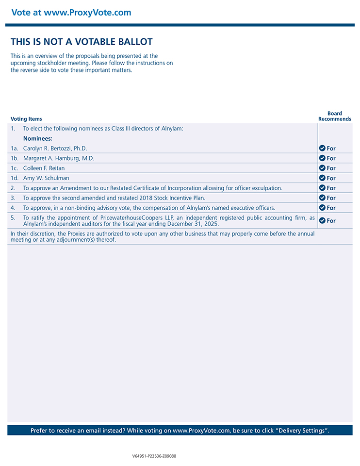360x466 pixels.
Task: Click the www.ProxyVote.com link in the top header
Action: (x=87, y=13)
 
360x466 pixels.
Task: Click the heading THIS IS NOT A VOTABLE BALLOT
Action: (x=82, y=42)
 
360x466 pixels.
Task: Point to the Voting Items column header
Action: (x=26, y=119)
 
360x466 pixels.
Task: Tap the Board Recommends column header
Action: (x=335, y=116)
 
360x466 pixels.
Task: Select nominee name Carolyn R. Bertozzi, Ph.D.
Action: (x=55, y=149)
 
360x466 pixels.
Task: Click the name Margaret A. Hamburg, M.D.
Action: (x=59, y=158)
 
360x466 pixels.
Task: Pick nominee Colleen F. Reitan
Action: (x=44, y=168)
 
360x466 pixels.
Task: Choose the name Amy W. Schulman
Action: (x=46, y=178)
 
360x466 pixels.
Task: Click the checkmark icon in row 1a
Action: (x=322, y=148)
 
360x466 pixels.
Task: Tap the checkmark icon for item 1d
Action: (x=322, y=178)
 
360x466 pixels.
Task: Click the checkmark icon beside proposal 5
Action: (x=322, y=220)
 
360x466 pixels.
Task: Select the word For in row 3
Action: (x=331, y=198)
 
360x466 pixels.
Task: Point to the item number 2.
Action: (x=13, y=188)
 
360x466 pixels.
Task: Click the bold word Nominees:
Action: (x=38, y=138)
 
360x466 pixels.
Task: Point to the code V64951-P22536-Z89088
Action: (x=154, y=456)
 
